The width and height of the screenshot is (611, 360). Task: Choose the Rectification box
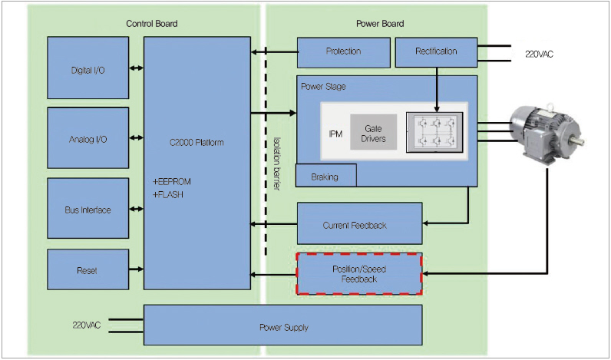pos(435,52)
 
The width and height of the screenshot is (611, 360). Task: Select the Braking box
pos(325,176)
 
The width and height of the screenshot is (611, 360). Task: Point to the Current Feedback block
pos(359,225)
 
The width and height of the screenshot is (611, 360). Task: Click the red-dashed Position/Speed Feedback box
pos(359,274)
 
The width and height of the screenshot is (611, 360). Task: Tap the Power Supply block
pos(282,326)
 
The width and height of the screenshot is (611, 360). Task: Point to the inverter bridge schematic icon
pos(434,132)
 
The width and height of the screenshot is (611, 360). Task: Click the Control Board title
pos(152,24)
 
